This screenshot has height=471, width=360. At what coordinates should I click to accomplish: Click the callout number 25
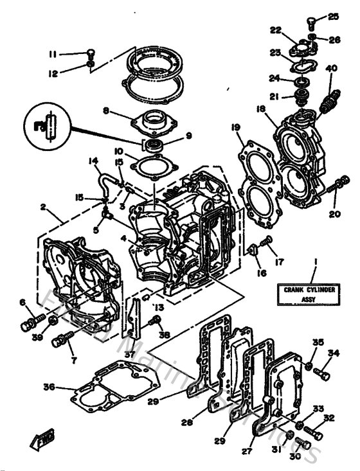pos(332,17)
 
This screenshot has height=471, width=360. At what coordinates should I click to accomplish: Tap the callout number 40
pos(332,69)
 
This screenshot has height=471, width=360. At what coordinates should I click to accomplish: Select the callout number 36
pos(49,387)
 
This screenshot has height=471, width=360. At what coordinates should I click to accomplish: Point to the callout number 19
pos(237,127)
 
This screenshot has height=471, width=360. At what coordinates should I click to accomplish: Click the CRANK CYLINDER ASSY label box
pos(310,294)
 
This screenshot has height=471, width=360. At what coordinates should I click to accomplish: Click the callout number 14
pos(93,161)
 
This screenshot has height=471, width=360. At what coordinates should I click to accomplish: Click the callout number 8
pos(105,111)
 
